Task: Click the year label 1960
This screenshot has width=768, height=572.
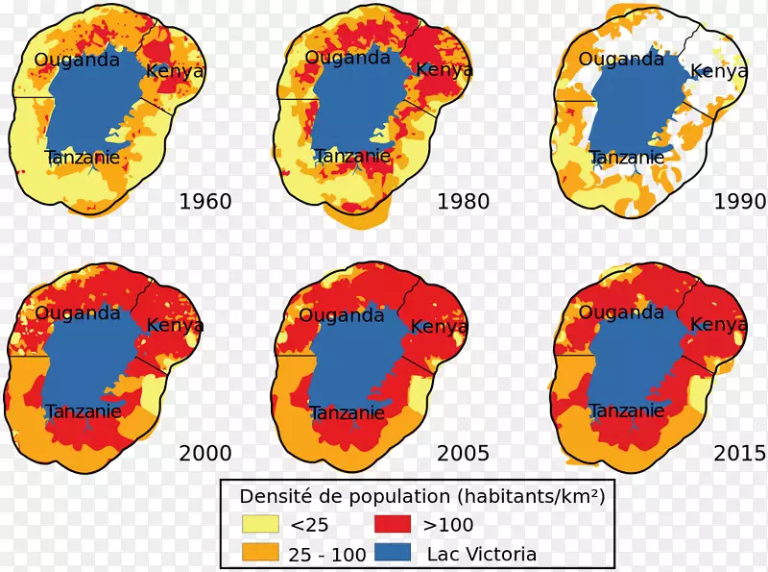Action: pos(205,202)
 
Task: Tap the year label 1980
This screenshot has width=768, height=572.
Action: pos(463,202)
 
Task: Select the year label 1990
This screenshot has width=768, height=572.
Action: pos(740,202)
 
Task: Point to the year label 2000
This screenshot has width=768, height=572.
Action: pos(205,453)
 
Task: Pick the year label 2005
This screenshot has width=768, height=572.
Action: pos(463,453)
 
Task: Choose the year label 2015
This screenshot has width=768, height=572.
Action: pos(740,453)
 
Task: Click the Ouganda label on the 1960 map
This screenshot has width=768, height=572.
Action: pos(77,60)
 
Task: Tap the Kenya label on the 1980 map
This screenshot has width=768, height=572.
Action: pos(444,70)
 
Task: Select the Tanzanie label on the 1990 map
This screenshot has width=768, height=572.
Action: pos(627,158)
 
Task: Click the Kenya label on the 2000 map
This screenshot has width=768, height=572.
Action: pos(175,325)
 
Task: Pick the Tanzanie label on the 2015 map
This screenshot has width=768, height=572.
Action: pos(627,410)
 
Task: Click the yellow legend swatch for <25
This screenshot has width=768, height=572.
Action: pos(259,525)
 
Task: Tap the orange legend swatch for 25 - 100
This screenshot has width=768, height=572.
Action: pos(259,554)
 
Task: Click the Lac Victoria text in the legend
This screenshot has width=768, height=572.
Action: pos(482,554)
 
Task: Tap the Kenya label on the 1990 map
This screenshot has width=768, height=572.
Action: pos(719,70)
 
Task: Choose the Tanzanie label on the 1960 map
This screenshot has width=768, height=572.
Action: pos(83,157)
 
